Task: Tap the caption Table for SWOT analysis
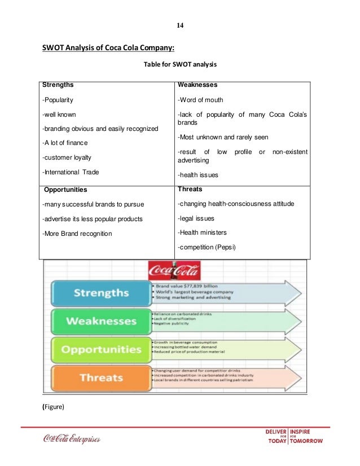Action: pyautogui.click(x=180, y=65)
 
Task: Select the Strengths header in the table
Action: pyautogui.click(x=58, y=85)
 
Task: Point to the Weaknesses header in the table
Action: pyautogui.click(x=197, y=85)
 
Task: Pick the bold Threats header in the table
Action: pyautogui.click(x=190, y=190)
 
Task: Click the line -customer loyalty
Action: pyautogui.click(x=67, y=157)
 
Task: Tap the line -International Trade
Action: pyautogui.click(x=70, y=172)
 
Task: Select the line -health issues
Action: pyautogui.click(x=198, y=175)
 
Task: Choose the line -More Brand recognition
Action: pyautogui.click(x=77, y=234)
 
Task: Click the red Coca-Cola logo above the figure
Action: pyautogui.click(x=174, y=271)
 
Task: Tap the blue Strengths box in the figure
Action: pyautogui.click(x=100, y=293)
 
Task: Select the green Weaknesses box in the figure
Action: pyautogui.click(x=100, y=321)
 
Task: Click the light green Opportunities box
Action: pyautogui.click(x=100, y=349)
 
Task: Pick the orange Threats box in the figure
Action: pyautogui.click(x=100, y=377)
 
